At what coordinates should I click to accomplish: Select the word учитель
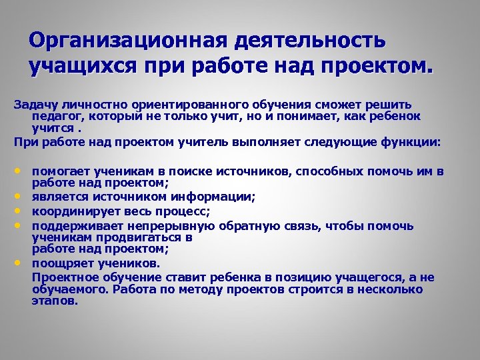195,142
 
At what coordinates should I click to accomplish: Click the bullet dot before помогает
17,171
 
